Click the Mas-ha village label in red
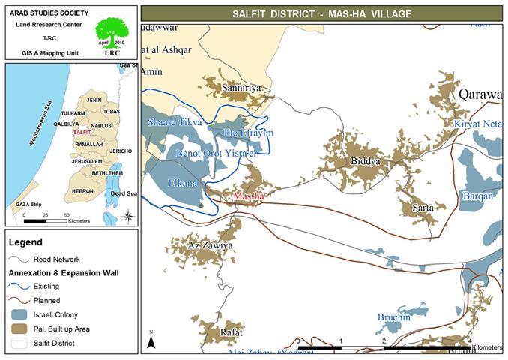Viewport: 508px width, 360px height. pos(250,196)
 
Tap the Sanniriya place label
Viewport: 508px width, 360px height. pos(241,88)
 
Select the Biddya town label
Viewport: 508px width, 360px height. pos(365,161)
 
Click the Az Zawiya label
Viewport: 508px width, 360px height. pos(210,245)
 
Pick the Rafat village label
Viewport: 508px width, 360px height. pos(232,331)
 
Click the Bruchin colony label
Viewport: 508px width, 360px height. pos(393,317)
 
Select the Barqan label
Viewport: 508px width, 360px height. pos(477,196)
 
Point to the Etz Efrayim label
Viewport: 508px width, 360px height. pos(249,133)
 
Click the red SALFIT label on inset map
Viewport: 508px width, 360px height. pos(82,132)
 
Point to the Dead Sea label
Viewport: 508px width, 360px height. pos(124,193)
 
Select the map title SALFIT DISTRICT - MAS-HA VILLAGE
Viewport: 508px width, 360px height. pos(321,13)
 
